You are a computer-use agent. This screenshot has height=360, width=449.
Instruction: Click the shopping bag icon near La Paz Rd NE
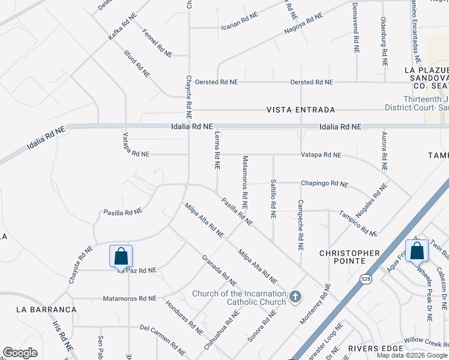[x=121, y=256]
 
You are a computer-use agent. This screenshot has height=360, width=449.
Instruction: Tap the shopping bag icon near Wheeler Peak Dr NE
[x=417, y=251]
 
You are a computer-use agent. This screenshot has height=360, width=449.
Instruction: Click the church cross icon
[x=295, y=296]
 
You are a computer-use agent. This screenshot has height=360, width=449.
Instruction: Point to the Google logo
[x=20, y=353]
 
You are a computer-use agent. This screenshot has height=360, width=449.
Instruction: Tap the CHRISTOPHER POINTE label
[x=349, y=257]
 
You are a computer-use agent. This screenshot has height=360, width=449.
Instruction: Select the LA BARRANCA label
[x=47, y=309]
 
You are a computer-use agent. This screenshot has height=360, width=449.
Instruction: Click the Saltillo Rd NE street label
[x=273, y=197]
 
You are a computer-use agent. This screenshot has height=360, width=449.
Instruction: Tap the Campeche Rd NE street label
[x=300, y=225]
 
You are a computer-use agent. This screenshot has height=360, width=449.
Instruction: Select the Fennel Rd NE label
[x=158, y=43]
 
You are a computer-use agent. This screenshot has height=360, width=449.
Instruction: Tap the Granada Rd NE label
[x=219, y=270]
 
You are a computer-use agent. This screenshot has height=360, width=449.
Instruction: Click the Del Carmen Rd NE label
[x=163, y=337]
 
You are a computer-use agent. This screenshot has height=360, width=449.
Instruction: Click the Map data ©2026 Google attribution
[x=412, y=355]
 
